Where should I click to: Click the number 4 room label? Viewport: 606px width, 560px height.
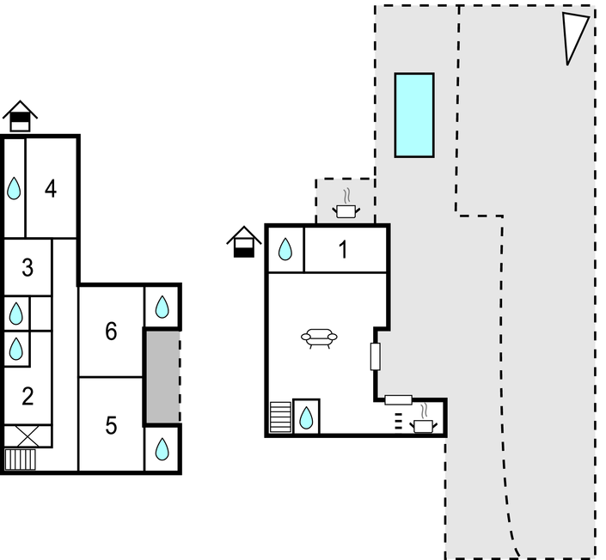coord(51,189)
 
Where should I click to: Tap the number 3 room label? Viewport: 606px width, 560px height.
coord(28,268)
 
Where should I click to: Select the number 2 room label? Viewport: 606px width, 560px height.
coord(28,396)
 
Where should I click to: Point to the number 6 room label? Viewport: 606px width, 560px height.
coord(111,332)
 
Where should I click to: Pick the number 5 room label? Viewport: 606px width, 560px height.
coord(111,426)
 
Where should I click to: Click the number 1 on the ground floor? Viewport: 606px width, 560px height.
coord(343,249)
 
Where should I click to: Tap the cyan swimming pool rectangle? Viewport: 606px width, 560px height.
coord(414,115)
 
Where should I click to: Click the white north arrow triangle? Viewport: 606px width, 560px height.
coord(573,37)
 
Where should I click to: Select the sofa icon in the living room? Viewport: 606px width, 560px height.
coord(319,338)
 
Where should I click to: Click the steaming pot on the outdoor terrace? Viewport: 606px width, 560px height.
coord(346,204)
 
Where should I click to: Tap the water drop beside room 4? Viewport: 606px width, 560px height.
coord(15,188)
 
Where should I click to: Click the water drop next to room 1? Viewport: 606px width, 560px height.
coord(285,249)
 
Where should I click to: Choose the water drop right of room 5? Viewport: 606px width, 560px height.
coord(162,448)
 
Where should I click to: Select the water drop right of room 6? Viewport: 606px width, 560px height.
coord(162,307)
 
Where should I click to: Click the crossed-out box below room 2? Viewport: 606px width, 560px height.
coord(27,436)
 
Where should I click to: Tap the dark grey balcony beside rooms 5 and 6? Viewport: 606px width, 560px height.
coord(162,376)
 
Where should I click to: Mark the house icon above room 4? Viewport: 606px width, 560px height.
coord(20,116)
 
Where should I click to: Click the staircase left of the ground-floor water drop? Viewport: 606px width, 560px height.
coord(280,417)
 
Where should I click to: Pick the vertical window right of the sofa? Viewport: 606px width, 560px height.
coord(376,356)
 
